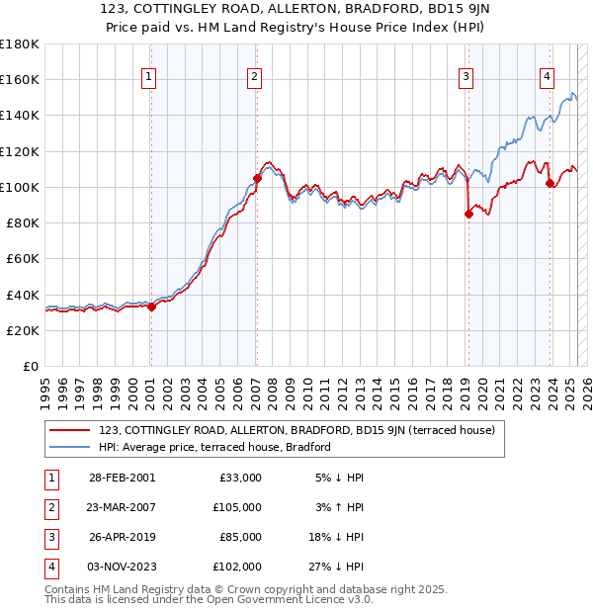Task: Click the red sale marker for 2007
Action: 257,178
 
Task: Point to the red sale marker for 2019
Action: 468,214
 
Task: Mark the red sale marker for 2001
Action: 151,306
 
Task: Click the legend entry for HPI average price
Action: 213,447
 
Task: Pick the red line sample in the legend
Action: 69,430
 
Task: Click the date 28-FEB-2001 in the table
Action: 121,478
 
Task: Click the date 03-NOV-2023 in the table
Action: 121,567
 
